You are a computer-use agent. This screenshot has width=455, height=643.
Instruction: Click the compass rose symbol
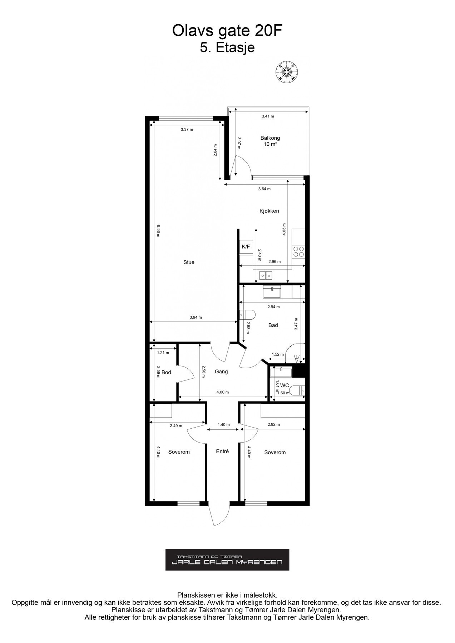287,72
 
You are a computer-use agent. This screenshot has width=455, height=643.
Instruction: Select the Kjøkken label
269,211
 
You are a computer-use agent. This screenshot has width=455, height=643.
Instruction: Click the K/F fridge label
246,246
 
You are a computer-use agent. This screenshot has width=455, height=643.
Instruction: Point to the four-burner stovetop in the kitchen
299,252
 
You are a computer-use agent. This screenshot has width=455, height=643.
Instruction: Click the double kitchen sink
266,275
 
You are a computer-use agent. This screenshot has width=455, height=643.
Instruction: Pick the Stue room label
189,262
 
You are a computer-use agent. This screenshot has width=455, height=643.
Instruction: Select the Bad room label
273,325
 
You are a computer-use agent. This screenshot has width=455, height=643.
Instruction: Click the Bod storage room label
166,372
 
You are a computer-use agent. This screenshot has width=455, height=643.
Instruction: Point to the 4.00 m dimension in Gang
223,392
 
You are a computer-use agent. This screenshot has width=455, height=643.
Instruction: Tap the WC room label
285,385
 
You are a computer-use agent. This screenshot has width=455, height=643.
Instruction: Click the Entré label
222,452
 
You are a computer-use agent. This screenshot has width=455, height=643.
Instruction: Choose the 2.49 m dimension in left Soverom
176,425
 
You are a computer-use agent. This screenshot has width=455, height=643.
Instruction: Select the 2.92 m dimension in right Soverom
273,425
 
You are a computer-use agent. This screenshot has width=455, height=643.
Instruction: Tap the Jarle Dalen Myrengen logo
227,560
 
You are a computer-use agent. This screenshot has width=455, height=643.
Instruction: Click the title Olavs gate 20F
227,31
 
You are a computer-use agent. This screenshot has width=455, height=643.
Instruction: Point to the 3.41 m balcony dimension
268,116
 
